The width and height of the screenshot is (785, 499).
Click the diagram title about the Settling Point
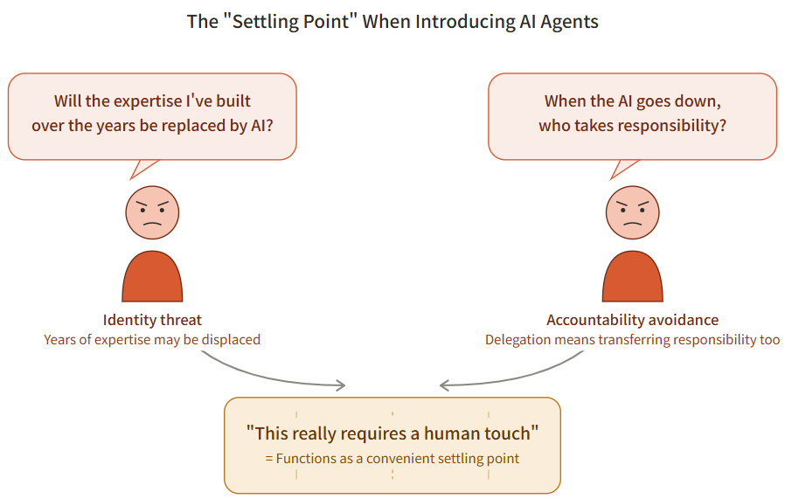(x=392, y=22)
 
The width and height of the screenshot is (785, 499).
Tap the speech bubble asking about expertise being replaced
(x=152, y=115)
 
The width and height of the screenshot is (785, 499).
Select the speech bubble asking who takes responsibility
(x=632, y=115)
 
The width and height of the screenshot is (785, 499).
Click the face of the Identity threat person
(x=152, y=212)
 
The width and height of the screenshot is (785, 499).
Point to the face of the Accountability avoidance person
(x=632, y=212)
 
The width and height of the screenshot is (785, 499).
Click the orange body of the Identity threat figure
(x=152, y=278)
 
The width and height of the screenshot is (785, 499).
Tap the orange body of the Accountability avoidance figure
(x=632, y=278)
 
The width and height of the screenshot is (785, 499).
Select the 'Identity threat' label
(x=152, y=320)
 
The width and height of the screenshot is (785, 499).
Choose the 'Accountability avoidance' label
(x=632, y=320)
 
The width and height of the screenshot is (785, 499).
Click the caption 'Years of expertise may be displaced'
(x=152, y=339)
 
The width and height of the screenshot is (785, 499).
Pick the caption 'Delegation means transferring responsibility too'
(x=632, y=339)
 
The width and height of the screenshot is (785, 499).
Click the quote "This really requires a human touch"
(x=392, y=433)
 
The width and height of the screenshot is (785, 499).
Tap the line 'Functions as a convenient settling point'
(x=392, y=458)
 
